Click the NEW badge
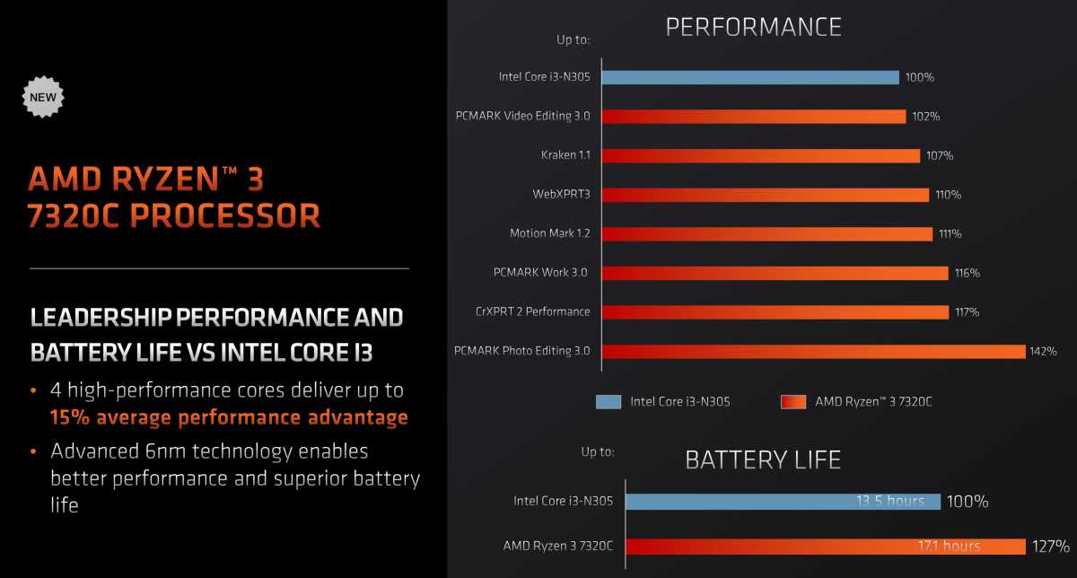click(43, 97)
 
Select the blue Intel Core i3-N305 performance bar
click(750, 77)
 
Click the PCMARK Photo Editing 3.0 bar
click(813, 352)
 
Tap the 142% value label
click(1043, 352)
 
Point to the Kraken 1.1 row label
click(565, 155)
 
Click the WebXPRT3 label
click(561, 194)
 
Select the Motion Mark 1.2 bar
click(766, 234)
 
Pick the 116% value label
click(967, 273)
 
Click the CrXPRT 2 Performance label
click(533, 311)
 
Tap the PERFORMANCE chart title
click(753, 27)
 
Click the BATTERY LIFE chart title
click(763, 460)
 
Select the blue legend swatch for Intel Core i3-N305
click(609, 401)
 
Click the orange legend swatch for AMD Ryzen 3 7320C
click(793, 401)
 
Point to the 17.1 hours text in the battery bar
click(950, 547)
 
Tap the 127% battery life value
click(1051, 547)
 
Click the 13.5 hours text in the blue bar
click(890, 501)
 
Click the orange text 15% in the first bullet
click(70, 417)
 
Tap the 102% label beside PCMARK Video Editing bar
click(925, 117)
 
